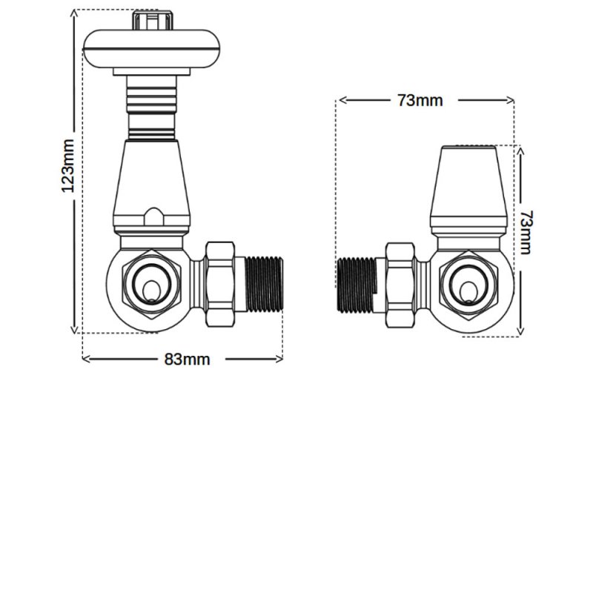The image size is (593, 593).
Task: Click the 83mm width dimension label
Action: tap(187, 360)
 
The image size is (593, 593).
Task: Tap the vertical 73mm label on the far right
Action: tap(525, 232)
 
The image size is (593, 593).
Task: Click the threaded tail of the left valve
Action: tap(266, 285)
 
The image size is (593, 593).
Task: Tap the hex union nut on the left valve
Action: tap(220, 285)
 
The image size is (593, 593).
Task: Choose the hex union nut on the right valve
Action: tap(401, 285)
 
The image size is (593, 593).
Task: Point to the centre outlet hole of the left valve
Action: tap(151, 286)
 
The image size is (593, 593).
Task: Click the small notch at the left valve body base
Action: tap(153, 217)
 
